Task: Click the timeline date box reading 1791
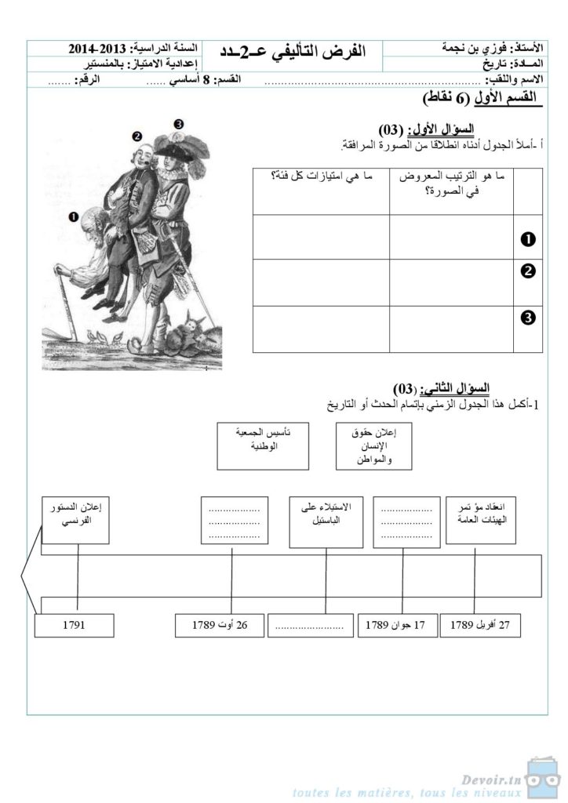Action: coord(72,626)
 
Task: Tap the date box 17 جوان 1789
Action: coord(397,626)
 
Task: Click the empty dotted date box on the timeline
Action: coord(310,626)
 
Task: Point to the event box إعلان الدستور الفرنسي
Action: coord(76,519)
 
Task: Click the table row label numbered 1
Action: coord(528,238)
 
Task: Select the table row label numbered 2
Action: coord(528,272)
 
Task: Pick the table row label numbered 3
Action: coord(528,318)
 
